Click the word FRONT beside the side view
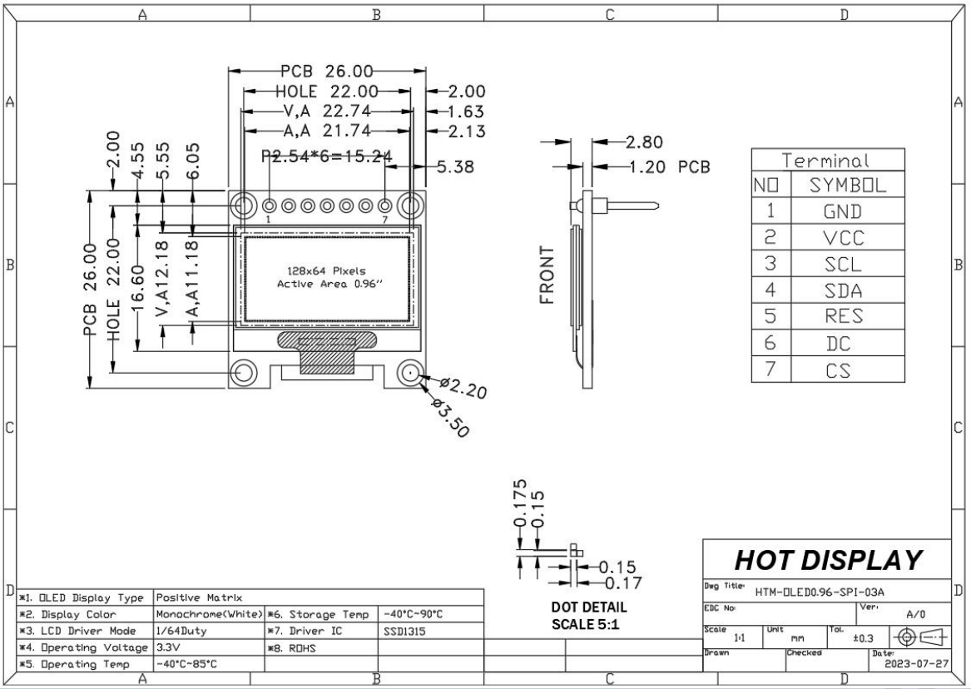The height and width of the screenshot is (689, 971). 547,275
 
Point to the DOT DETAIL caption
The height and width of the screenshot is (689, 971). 589,607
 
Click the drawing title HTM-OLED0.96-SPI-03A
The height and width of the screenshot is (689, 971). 807,592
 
